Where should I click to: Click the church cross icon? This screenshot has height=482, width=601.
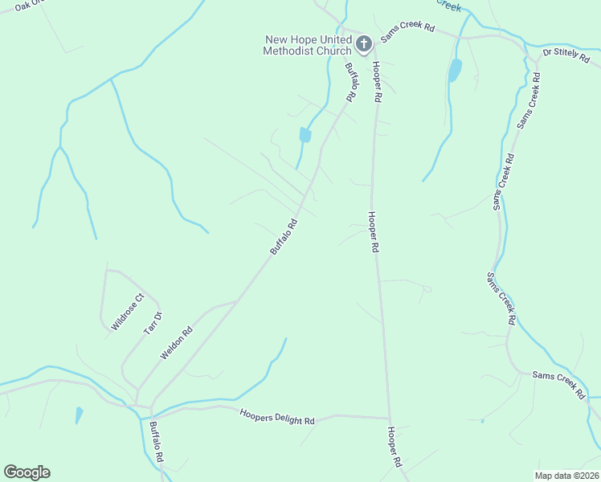click(363, 43)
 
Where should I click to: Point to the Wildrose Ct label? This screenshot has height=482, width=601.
click(128, 312)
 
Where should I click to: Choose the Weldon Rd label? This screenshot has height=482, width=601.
click(177, 342)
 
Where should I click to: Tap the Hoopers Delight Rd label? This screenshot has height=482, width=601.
click(277, 416)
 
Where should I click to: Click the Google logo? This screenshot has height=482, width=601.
click(27, 472)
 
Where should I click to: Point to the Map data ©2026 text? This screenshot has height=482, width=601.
click(567, 476)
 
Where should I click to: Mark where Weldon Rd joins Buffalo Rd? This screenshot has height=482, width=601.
click(238, 300)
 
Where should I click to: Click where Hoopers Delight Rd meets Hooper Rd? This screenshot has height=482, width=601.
click(390, 418)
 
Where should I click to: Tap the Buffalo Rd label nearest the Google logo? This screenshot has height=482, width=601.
click(156, 443)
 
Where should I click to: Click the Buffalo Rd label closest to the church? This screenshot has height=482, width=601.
click(350, 82)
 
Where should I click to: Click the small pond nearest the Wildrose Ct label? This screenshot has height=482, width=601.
click(79, 415)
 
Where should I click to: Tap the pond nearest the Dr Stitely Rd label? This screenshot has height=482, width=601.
click(456, 70)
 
